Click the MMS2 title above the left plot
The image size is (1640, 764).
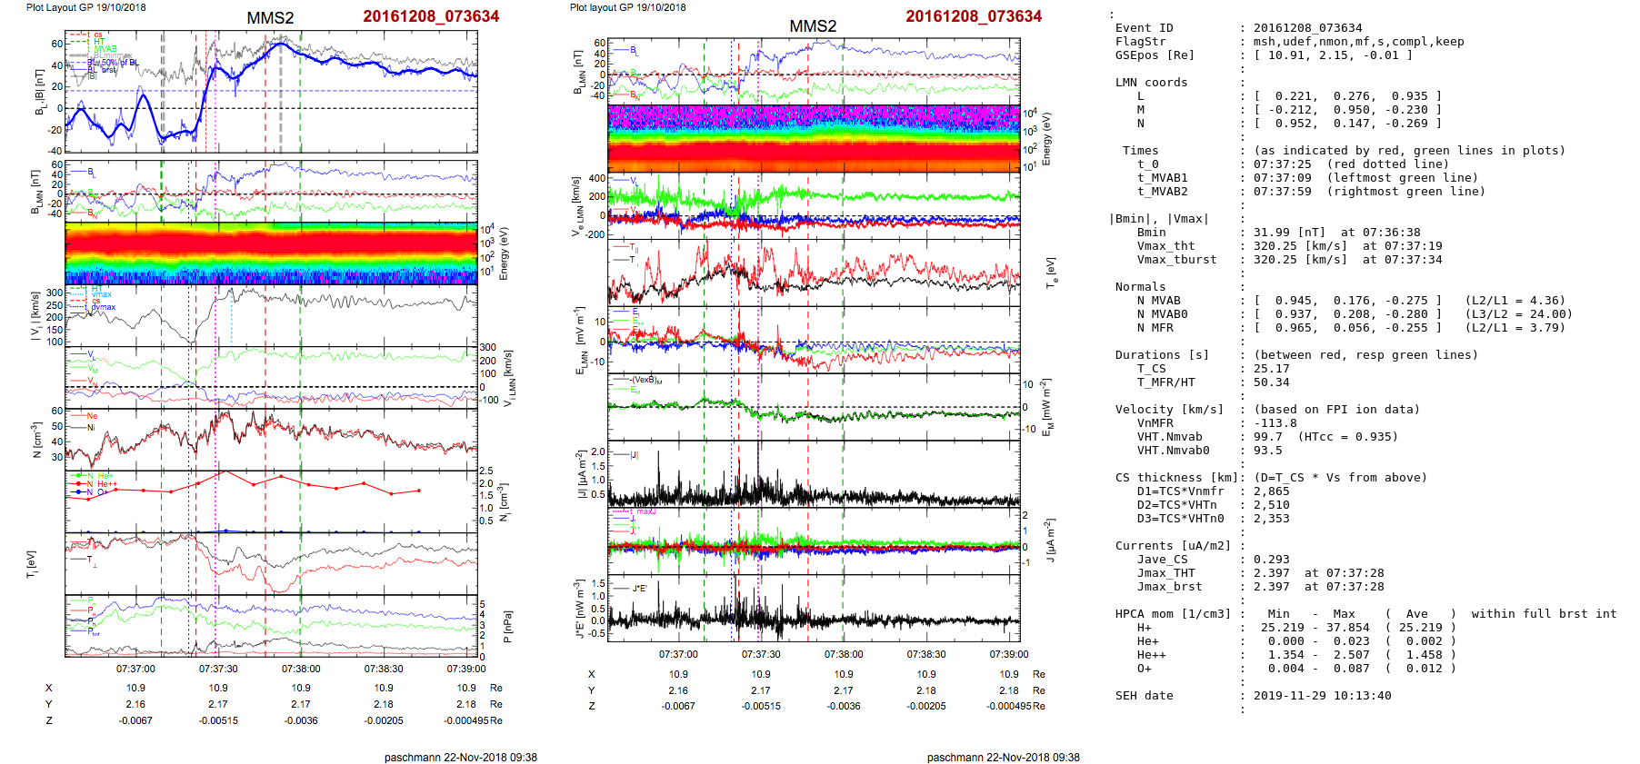270,18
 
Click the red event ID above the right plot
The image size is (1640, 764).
974,16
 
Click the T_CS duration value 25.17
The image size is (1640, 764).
1271,369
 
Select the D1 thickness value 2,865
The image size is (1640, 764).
1271,491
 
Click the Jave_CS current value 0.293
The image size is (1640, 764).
1271,560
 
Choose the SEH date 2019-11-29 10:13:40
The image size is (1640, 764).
1322,696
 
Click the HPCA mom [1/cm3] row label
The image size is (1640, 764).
1173,614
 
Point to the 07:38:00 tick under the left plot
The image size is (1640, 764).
301,670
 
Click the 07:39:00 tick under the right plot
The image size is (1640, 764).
1009,654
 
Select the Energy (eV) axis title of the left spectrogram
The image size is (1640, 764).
505,253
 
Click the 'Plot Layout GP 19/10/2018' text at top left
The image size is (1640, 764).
86,7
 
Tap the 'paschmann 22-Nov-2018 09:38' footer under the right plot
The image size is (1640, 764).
1003,758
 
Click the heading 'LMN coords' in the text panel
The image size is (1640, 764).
1151,83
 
